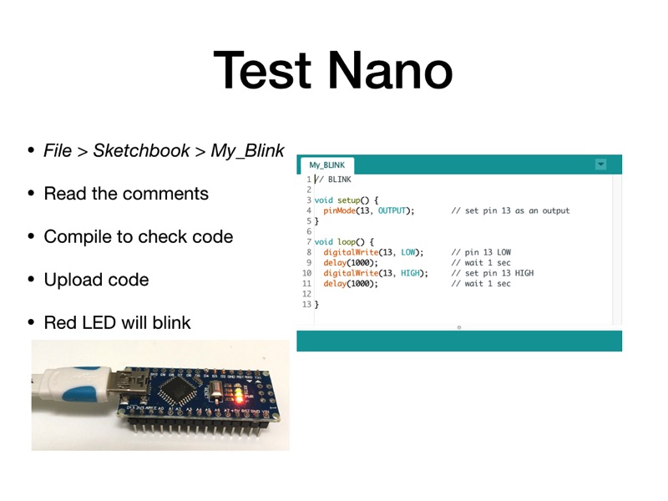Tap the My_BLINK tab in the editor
coord(326,165)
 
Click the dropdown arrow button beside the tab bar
coord(600,164)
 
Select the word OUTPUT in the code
coord(394,210)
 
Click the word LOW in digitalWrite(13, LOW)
coord(409,252)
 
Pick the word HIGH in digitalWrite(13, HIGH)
coord(412,273)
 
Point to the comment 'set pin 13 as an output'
coord(510,210)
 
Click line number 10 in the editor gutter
coord(306,273)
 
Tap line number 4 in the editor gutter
coord(308,210)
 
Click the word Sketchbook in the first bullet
coord(141,151)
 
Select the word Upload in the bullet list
coord(70,279)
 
